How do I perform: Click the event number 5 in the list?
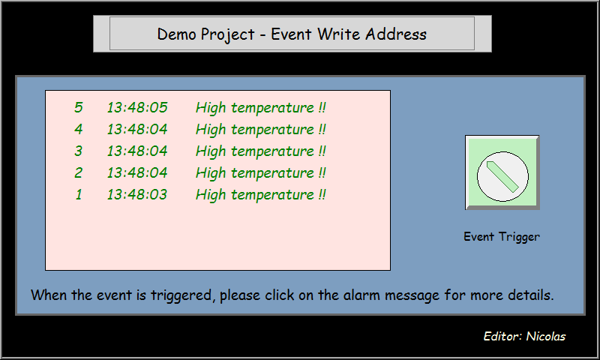pos(79,108)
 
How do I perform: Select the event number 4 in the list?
pos(79,130)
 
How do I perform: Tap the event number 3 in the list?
pos(79,151)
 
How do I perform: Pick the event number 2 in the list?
pos(79,173)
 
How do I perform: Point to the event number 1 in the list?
pos(79,195)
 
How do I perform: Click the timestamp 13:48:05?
pos(137,108)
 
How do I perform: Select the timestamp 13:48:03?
pos(137,195)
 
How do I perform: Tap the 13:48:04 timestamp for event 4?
pos(137,130)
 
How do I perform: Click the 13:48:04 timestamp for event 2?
pos(137,173)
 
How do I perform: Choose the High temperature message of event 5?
pos(261,108)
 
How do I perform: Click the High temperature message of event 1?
pos(261,195)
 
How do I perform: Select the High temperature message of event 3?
pos(261,151)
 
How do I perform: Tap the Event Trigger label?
pos(502,237)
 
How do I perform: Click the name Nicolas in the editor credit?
pos(546,337)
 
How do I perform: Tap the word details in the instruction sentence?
pos(529,295)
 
